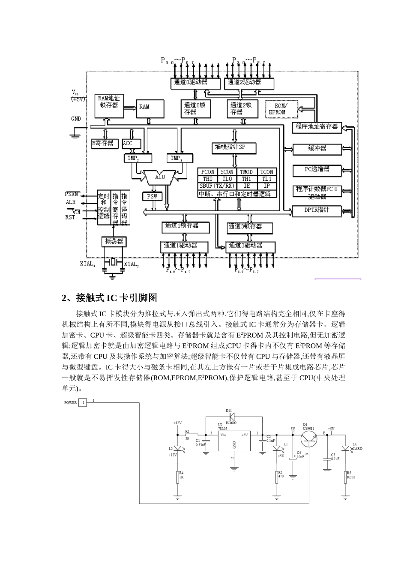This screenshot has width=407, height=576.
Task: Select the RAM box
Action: click(150, 109)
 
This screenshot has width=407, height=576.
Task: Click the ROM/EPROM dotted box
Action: click(280, 109)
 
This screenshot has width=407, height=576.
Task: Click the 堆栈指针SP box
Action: click(234, 148)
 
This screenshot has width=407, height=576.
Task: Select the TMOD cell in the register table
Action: click(246, 172)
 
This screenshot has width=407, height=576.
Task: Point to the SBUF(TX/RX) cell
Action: click(217, 186)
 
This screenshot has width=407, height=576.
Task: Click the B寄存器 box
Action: click(104, 144)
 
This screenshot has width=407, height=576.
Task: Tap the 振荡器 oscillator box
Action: click(114, 241)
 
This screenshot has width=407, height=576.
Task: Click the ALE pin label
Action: click(71, 202)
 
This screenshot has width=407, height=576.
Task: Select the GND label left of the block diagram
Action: click(76, 119)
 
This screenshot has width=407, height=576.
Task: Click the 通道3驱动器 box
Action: click(250, 246)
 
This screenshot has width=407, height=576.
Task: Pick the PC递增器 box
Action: click(317, 170)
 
